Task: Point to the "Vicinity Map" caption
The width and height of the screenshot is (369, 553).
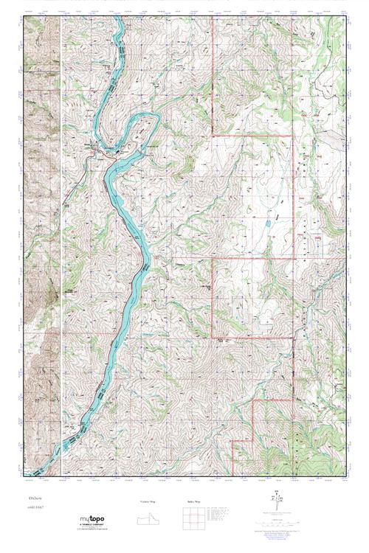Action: (148, 501)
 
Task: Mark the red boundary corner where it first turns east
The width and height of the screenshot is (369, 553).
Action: (213, 136)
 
